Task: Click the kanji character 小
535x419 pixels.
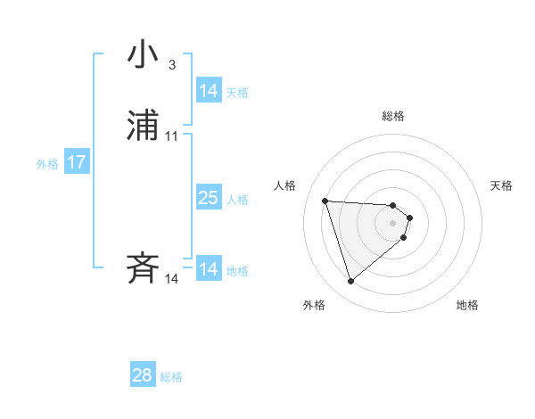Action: tap(143, 56)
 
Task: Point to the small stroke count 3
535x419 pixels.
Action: tap(171, 65)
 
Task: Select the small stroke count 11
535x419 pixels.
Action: tap(172, 136)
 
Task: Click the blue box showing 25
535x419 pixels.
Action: tap(208, 198)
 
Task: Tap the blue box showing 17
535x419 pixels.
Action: tap(77, 162)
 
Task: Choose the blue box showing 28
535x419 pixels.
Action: tap(143, 375)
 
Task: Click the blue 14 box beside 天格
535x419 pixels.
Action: tap(208, 91)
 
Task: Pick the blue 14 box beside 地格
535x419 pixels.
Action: tap(208, 269)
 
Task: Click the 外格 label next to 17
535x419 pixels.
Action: tap(47, 164)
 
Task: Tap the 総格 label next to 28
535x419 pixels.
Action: tap(171, 377)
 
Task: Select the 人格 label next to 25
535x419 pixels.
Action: tap(237, 200)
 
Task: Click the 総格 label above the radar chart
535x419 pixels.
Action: tap(393, 116)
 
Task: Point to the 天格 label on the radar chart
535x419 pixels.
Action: tap(501, 185)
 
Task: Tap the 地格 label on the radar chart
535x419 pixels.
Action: tap(467, 305)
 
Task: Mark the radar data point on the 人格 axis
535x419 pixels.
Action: tap(325, 201)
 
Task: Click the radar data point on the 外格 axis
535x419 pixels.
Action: tap(350, 282)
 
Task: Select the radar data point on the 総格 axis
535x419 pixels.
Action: tap(393, 204)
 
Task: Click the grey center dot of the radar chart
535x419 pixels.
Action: tap(393, 223)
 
